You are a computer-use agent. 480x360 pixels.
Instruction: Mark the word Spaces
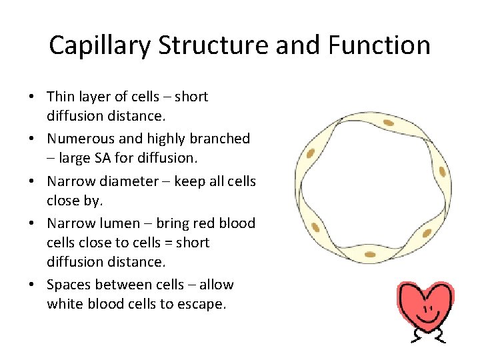[69, 285]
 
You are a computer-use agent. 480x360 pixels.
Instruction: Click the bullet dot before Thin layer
[32, 97]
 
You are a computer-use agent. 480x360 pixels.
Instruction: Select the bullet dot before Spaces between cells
[32, 285]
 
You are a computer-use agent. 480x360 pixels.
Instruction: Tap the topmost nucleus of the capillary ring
[388, 123]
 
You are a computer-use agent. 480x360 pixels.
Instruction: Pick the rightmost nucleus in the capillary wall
[443, 172]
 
